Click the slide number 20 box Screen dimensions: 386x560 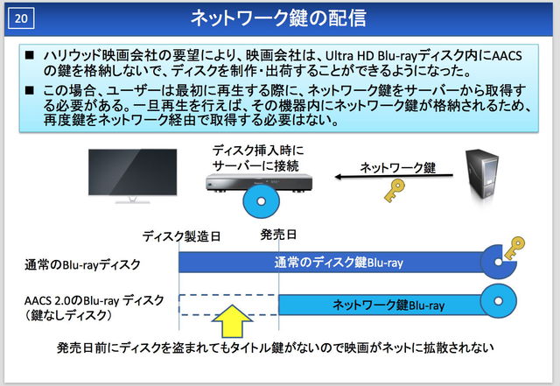pos(24,17)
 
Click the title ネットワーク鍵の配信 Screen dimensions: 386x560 pos(290,17)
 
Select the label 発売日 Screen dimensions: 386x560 pos(278,235)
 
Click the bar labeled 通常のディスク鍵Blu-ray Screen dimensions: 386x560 pos(332,263)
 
